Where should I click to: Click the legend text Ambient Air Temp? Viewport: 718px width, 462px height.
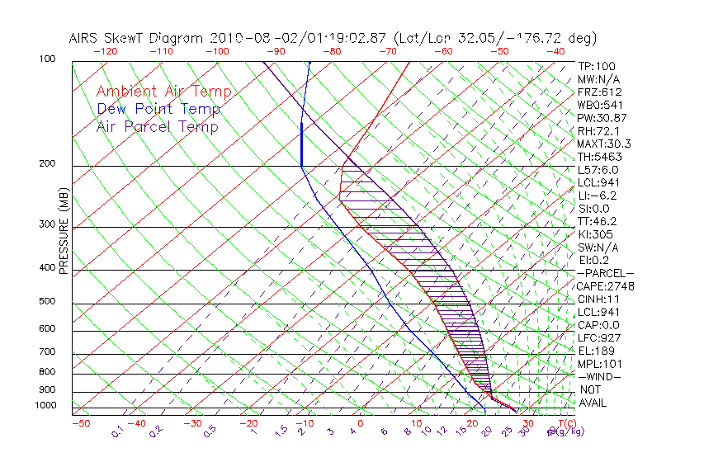coord(164,92)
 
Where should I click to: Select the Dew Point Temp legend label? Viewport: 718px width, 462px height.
coord(158,109)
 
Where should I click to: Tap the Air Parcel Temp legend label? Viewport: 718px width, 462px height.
coord(158,126)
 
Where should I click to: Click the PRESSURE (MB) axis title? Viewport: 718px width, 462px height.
coord(64,234)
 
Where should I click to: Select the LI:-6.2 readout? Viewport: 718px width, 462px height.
coord(597,196)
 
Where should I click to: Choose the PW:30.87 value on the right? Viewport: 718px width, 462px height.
coord(599,118)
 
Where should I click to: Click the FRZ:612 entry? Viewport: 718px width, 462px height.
coord(600,92)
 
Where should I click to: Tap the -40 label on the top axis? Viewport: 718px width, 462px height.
coord(555,51)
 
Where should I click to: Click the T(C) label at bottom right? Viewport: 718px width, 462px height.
coord(562,423)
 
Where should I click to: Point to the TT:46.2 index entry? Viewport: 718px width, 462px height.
coord(597,221)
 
